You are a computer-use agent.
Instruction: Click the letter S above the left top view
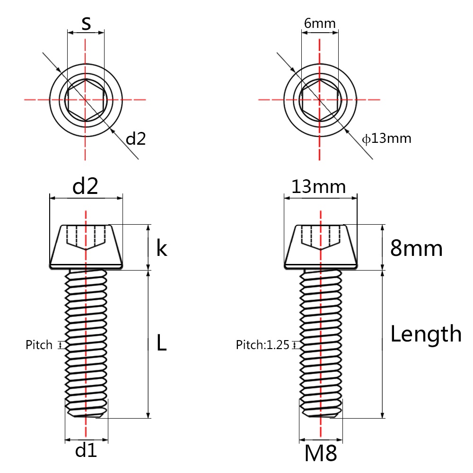86,23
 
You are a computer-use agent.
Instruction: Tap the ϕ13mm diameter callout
387,139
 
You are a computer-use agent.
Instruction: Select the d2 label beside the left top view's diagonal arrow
135,139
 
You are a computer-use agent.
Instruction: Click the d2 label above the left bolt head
85,187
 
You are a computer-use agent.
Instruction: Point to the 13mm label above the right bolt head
318,187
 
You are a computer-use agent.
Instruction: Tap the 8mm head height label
416,248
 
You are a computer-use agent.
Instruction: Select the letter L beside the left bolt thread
161,344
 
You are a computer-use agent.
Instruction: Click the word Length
426,334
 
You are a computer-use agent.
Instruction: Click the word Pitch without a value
39,345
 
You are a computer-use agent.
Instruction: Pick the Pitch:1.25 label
262,345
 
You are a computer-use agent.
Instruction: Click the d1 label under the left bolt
86,451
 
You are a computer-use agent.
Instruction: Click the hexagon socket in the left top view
86,100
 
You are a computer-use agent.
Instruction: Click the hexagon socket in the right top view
320,100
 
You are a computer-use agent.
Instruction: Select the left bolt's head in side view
86,246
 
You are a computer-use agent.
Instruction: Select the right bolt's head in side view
320,246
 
